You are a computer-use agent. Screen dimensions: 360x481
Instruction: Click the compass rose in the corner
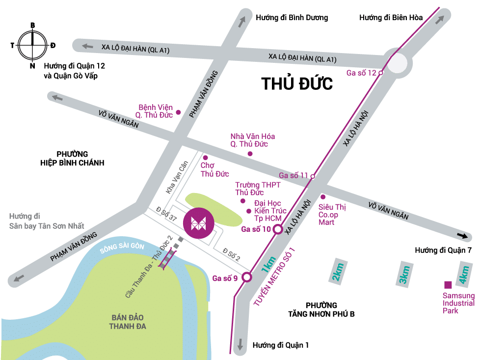[32, 44]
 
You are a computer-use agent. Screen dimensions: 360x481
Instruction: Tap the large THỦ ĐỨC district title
[297, 83]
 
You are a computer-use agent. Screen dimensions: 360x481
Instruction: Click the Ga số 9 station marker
[247, 277]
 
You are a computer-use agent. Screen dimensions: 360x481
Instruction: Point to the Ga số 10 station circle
[277, 229]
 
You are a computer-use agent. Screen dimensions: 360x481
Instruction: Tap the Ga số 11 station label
[293, 175]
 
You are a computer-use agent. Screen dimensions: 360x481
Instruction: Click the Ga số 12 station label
[361, 73]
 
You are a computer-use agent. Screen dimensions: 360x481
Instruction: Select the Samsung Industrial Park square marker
[448, 284]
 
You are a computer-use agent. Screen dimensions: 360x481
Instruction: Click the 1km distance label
[267, 265]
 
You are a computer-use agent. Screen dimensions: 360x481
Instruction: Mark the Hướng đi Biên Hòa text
[391, 18]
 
